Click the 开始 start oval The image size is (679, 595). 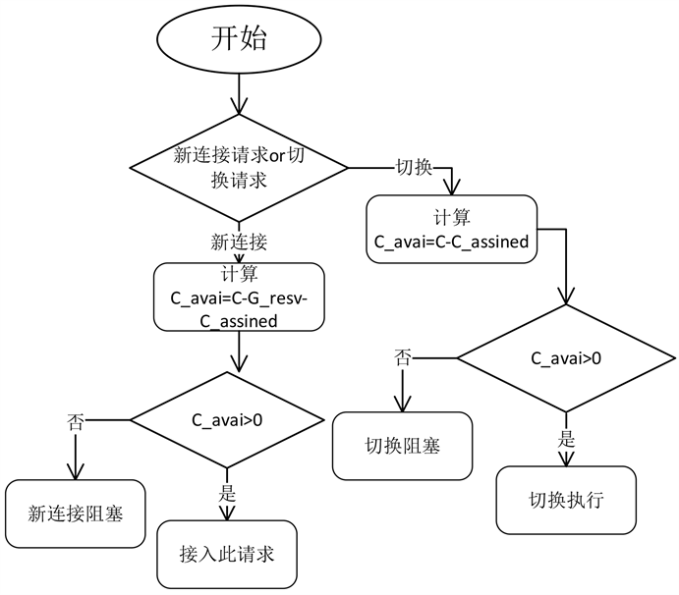[240, 40]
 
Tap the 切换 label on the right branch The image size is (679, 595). [415, 167]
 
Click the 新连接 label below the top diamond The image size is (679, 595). [239, 241]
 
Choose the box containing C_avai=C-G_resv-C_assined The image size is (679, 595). [239, 296]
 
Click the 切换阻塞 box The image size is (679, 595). [403, 444]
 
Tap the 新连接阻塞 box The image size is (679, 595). [76, 513]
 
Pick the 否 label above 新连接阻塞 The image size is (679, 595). [75, 423]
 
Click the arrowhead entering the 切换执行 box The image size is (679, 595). [565, 461]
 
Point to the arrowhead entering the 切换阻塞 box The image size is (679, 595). [403, 406]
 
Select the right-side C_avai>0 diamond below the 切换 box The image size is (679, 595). [566, 357]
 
